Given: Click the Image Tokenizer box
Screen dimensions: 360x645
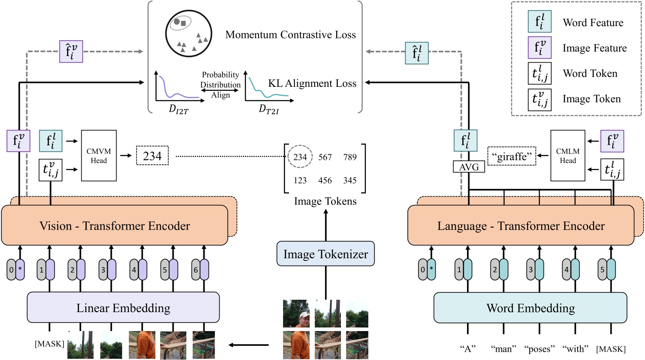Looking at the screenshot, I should click(325, 254).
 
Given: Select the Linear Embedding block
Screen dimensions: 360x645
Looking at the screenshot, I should click(123, 308).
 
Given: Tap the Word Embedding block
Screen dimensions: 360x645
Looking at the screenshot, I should click(530, 308).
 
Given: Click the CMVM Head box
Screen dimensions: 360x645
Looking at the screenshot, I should click(99, 156).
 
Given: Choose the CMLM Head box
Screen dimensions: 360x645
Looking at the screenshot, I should click(567, 156).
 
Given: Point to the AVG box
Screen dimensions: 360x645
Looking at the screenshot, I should click(469, 167).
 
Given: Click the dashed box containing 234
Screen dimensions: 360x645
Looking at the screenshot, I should click(152, 156).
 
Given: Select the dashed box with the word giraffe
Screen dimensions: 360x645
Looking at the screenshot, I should click(511, 156).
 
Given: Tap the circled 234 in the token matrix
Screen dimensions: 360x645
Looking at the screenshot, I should click(300, 157).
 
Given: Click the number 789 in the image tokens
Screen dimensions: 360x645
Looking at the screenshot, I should click(350, 157).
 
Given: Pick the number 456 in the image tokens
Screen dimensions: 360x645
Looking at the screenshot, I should click(325, 180).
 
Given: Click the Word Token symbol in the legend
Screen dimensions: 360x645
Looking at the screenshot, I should click(540, 74).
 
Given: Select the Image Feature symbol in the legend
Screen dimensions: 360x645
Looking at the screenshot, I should click(540, 48).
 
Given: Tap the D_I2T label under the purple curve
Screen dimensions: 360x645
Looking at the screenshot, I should click(178, 109).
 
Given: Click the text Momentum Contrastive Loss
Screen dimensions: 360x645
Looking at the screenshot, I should click(291, 35).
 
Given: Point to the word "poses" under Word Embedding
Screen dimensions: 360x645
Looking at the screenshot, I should click(539, 349).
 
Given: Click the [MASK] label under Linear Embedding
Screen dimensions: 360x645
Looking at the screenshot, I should click(49, 344).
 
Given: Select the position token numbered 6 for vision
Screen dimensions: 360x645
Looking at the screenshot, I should click(196, 270).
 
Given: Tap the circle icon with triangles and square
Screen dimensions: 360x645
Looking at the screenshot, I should click(188, 34).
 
